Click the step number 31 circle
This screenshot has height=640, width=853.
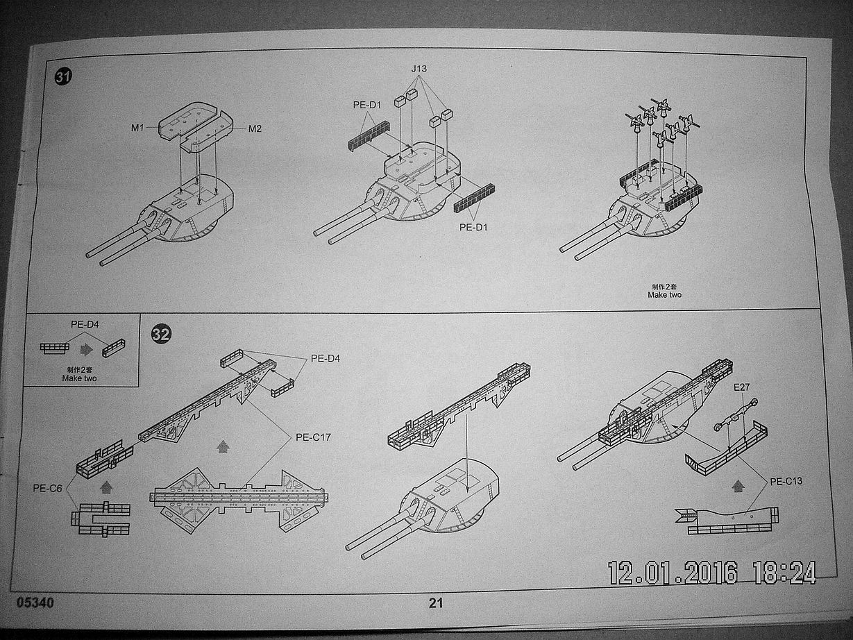coord(63,77)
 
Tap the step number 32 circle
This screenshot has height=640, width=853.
coord(160,334)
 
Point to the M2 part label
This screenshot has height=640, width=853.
coord(255,128)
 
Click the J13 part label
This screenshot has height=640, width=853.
coord(419,69)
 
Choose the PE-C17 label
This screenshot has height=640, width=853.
coord(313,437)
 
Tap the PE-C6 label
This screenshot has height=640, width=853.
coord(47,487)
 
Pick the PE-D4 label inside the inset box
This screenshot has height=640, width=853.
coord(85,323)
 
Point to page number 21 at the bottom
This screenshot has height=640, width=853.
coord(436,603)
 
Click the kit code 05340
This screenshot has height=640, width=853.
coord(32,602)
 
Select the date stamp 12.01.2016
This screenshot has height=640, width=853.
coord(673,573)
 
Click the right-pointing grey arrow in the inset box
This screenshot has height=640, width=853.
coord(87,348)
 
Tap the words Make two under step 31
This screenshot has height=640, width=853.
coord(664,294)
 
